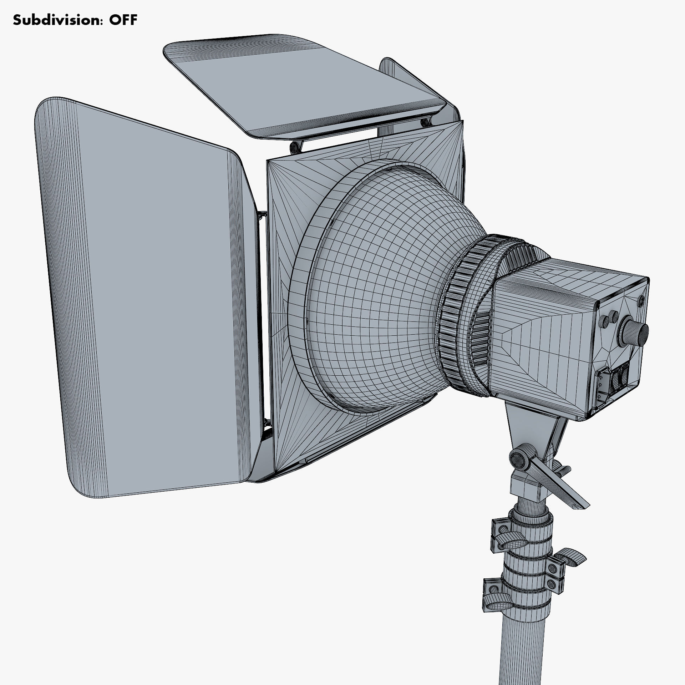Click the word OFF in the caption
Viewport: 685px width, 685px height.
(123, 20)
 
